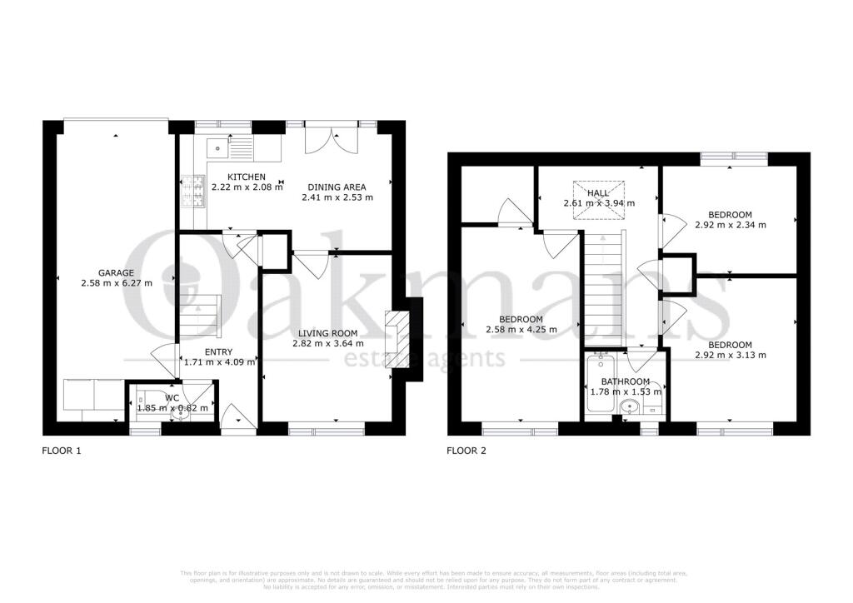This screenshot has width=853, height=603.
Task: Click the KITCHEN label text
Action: (247, 177)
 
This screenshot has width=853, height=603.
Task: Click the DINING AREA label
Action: (337, 187)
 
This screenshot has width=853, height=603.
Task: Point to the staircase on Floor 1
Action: (200, 314)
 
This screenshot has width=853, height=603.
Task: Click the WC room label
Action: (171, 397)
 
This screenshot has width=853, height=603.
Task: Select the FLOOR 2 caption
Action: (466, 451)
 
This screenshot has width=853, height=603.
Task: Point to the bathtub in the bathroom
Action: (599, 383)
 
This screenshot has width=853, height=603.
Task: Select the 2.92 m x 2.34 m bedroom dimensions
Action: (730, 225)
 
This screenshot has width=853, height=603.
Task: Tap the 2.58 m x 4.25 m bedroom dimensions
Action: (521, 330)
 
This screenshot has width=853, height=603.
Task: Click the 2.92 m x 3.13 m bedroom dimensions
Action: (730, 356)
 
